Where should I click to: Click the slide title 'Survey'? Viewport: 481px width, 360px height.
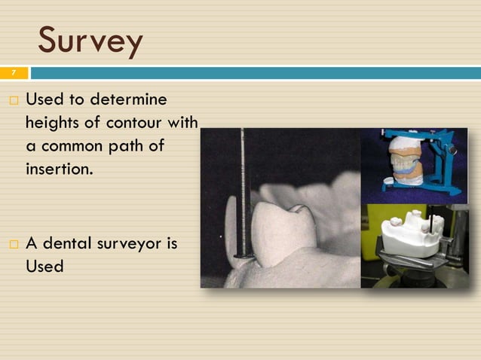tap(90, 41)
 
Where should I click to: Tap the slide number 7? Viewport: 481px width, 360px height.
tap(13, 73)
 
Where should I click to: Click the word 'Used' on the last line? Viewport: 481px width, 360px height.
tap(44, 267)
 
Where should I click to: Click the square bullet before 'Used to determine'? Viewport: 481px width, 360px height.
tap(14, 100)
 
